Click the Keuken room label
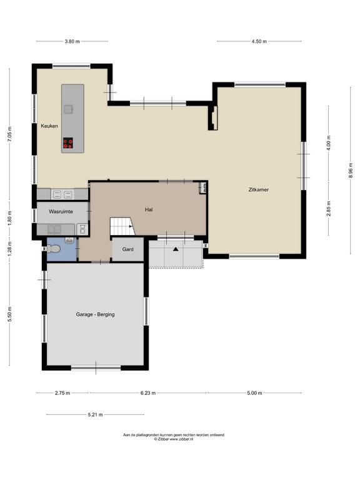[x=49, y=126]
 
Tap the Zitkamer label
[x=259, y=189]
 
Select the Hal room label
[x=149, y=210]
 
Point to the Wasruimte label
[x=61, y=211]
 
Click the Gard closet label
[x=127, y=249]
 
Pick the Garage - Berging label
[x=95, y=314]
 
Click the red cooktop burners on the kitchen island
[x=68, y=144]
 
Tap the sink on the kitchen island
[x=69, y=109]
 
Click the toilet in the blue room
[x=52, y=249]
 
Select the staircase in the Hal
[x=122, y=226]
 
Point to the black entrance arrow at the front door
[x=176, y=249]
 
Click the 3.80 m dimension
[x=72, y=41]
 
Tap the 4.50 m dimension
[x=259, y=41]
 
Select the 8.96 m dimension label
[x=351, y=170]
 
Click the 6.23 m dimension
[x=148, y=393]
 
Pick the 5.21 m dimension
[x=95, y=415]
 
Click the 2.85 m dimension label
[x=329, y=209]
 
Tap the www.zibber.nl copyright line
[x=174, y=439]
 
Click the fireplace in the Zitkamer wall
[x=213, y=117]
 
